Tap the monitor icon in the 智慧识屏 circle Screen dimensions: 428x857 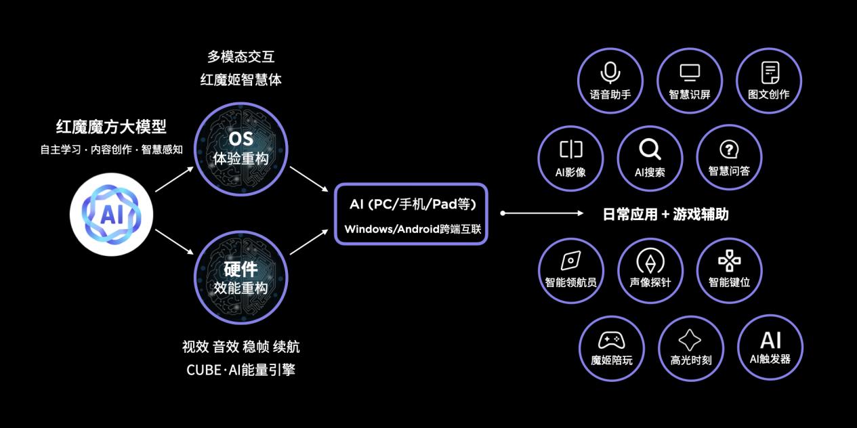click(x=690, y=72)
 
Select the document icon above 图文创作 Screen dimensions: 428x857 click(x=770, y=71)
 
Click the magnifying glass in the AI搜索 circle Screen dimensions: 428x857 click(x=650, y=149)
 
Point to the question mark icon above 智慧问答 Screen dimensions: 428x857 click(x=729, y=150)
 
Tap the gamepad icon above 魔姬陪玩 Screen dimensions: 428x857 click(x=611, y=340)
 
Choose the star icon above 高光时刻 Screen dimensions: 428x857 click(x=690, y=340)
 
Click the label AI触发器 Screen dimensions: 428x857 click(x=770, y=360)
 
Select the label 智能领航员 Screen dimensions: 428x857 click(x=571, y=282)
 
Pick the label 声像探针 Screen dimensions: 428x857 click(x=650, y=282)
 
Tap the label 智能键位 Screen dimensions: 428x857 click(x=729, y=282)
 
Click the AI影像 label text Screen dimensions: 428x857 click(x=570, y=172)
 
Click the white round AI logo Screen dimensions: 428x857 click(x=111, y=214)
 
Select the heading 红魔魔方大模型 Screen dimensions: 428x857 click(x=111, y=127)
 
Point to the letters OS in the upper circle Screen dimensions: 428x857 click(x=241, y=139)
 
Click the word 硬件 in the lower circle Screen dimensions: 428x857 click(x=241, y=270)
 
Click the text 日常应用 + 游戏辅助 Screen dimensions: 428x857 click(x=665, y=215)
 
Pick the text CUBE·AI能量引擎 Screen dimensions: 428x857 click(x=241, y=370)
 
